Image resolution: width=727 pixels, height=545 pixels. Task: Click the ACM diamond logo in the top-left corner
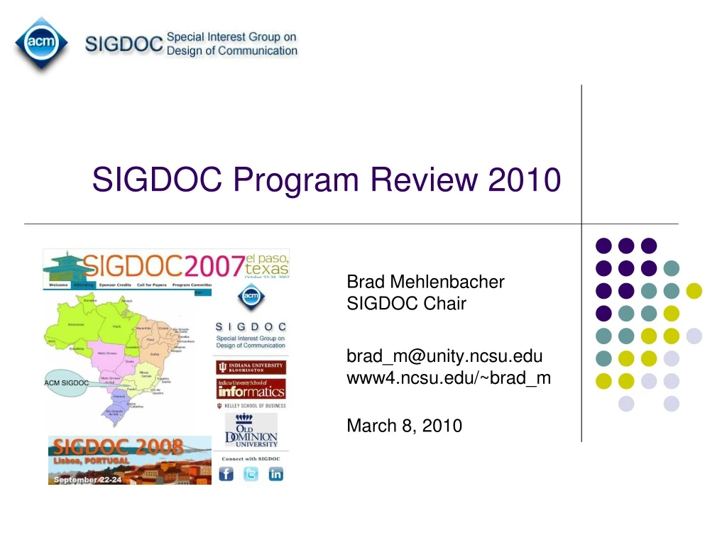(x=42, y=43)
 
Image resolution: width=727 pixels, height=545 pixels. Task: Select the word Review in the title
(x=425, y=180)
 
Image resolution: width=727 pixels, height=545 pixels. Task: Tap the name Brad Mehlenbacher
(x=425, y=282)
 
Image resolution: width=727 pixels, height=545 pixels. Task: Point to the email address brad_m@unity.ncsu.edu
(x=444, y=356)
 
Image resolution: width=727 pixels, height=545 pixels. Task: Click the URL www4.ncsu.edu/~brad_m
(x=448, y=378)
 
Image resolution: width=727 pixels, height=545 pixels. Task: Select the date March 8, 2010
(x=404, y=426)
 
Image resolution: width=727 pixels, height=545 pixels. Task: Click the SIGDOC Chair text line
(x=406, y=304)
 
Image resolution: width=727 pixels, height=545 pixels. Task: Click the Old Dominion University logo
(x=251, y=431)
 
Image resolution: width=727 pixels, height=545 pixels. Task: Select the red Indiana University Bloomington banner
(x=251, y=368)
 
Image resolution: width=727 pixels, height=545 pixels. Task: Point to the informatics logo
(x=251, y=389)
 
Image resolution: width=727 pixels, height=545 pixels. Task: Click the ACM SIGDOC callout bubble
(x=67, y=383)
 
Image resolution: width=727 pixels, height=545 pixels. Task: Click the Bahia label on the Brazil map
(x=155, y=353)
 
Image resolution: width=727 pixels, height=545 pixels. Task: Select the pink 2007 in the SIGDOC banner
(x=213, y=266)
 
